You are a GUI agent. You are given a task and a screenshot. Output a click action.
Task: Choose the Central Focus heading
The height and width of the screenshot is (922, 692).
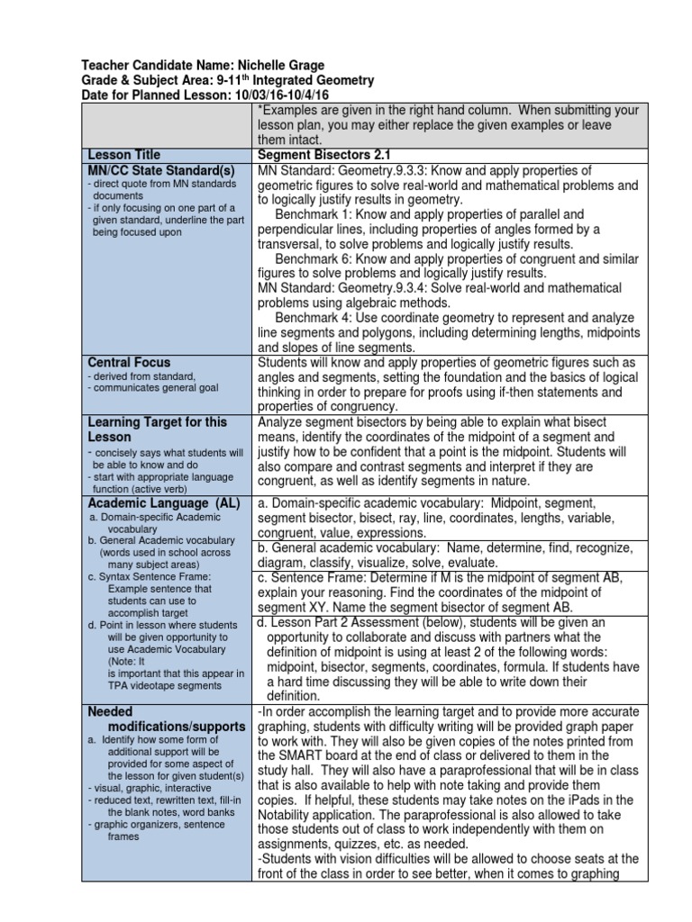point(129,363)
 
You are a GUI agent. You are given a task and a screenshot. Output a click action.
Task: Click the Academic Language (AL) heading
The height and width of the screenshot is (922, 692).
point(162,503)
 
